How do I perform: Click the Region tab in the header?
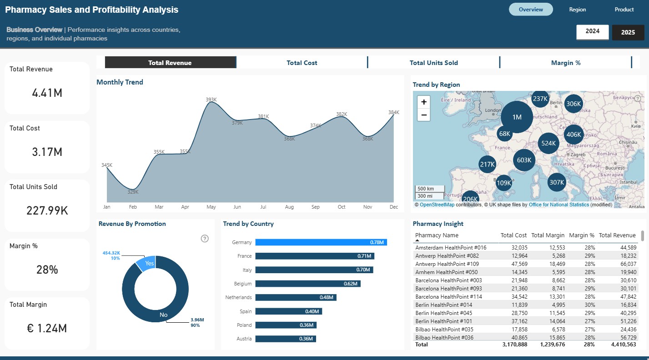tap(577, 10)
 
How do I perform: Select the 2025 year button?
tap(628, 32)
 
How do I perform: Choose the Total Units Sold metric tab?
tap(433, 63)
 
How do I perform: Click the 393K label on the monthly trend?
tap(211, 99)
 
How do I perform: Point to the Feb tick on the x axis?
tap(133, 207)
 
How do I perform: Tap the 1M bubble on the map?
tap(517, 117)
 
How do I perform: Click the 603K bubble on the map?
tap(524, 160)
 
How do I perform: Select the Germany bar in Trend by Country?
tap(321, 242)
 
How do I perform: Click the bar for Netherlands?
tap(295, 297)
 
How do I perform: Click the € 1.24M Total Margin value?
tap(47, 328)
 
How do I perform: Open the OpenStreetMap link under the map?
tap(437, 205)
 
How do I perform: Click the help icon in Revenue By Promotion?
tap(205, 239)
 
